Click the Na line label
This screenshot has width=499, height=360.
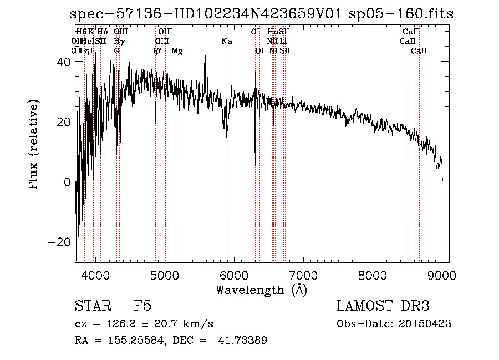coord(227,41)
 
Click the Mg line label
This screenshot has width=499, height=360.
coord(177,51)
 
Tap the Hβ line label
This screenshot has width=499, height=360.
coord(155,51)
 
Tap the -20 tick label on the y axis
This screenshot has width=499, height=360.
coord(59,242)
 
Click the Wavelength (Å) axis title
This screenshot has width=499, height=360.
coord(261,290)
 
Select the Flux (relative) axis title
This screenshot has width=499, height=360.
coord(34,145)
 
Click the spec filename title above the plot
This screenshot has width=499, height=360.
coord(262,14)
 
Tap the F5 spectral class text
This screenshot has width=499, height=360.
coord(142,306)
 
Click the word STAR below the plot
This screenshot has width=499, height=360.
coord(93,306)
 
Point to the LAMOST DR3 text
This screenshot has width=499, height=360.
coord(383,306)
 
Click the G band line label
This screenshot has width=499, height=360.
coord(116,51)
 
